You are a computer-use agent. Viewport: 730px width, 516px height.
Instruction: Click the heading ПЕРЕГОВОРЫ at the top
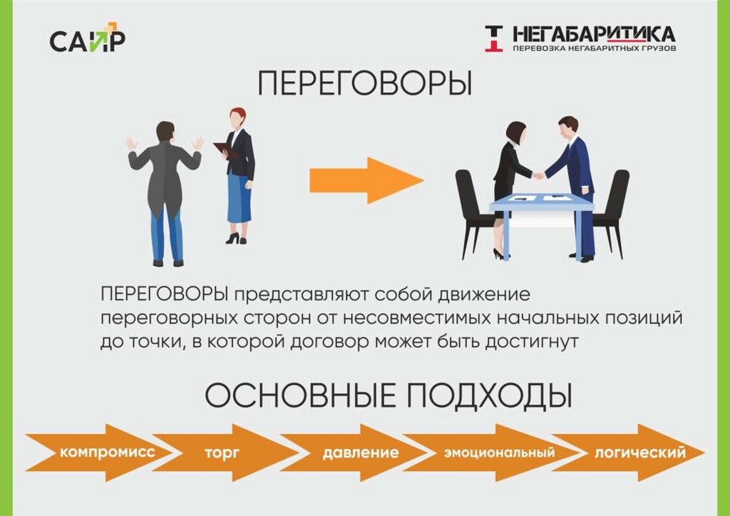364,85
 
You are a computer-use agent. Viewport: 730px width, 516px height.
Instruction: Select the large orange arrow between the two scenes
366,180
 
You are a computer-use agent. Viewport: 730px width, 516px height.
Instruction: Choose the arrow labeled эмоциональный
492,453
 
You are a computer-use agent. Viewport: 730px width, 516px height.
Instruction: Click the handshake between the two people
539,175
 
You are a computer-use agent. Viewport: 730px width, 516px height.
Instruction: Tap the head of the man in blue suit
568,128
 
